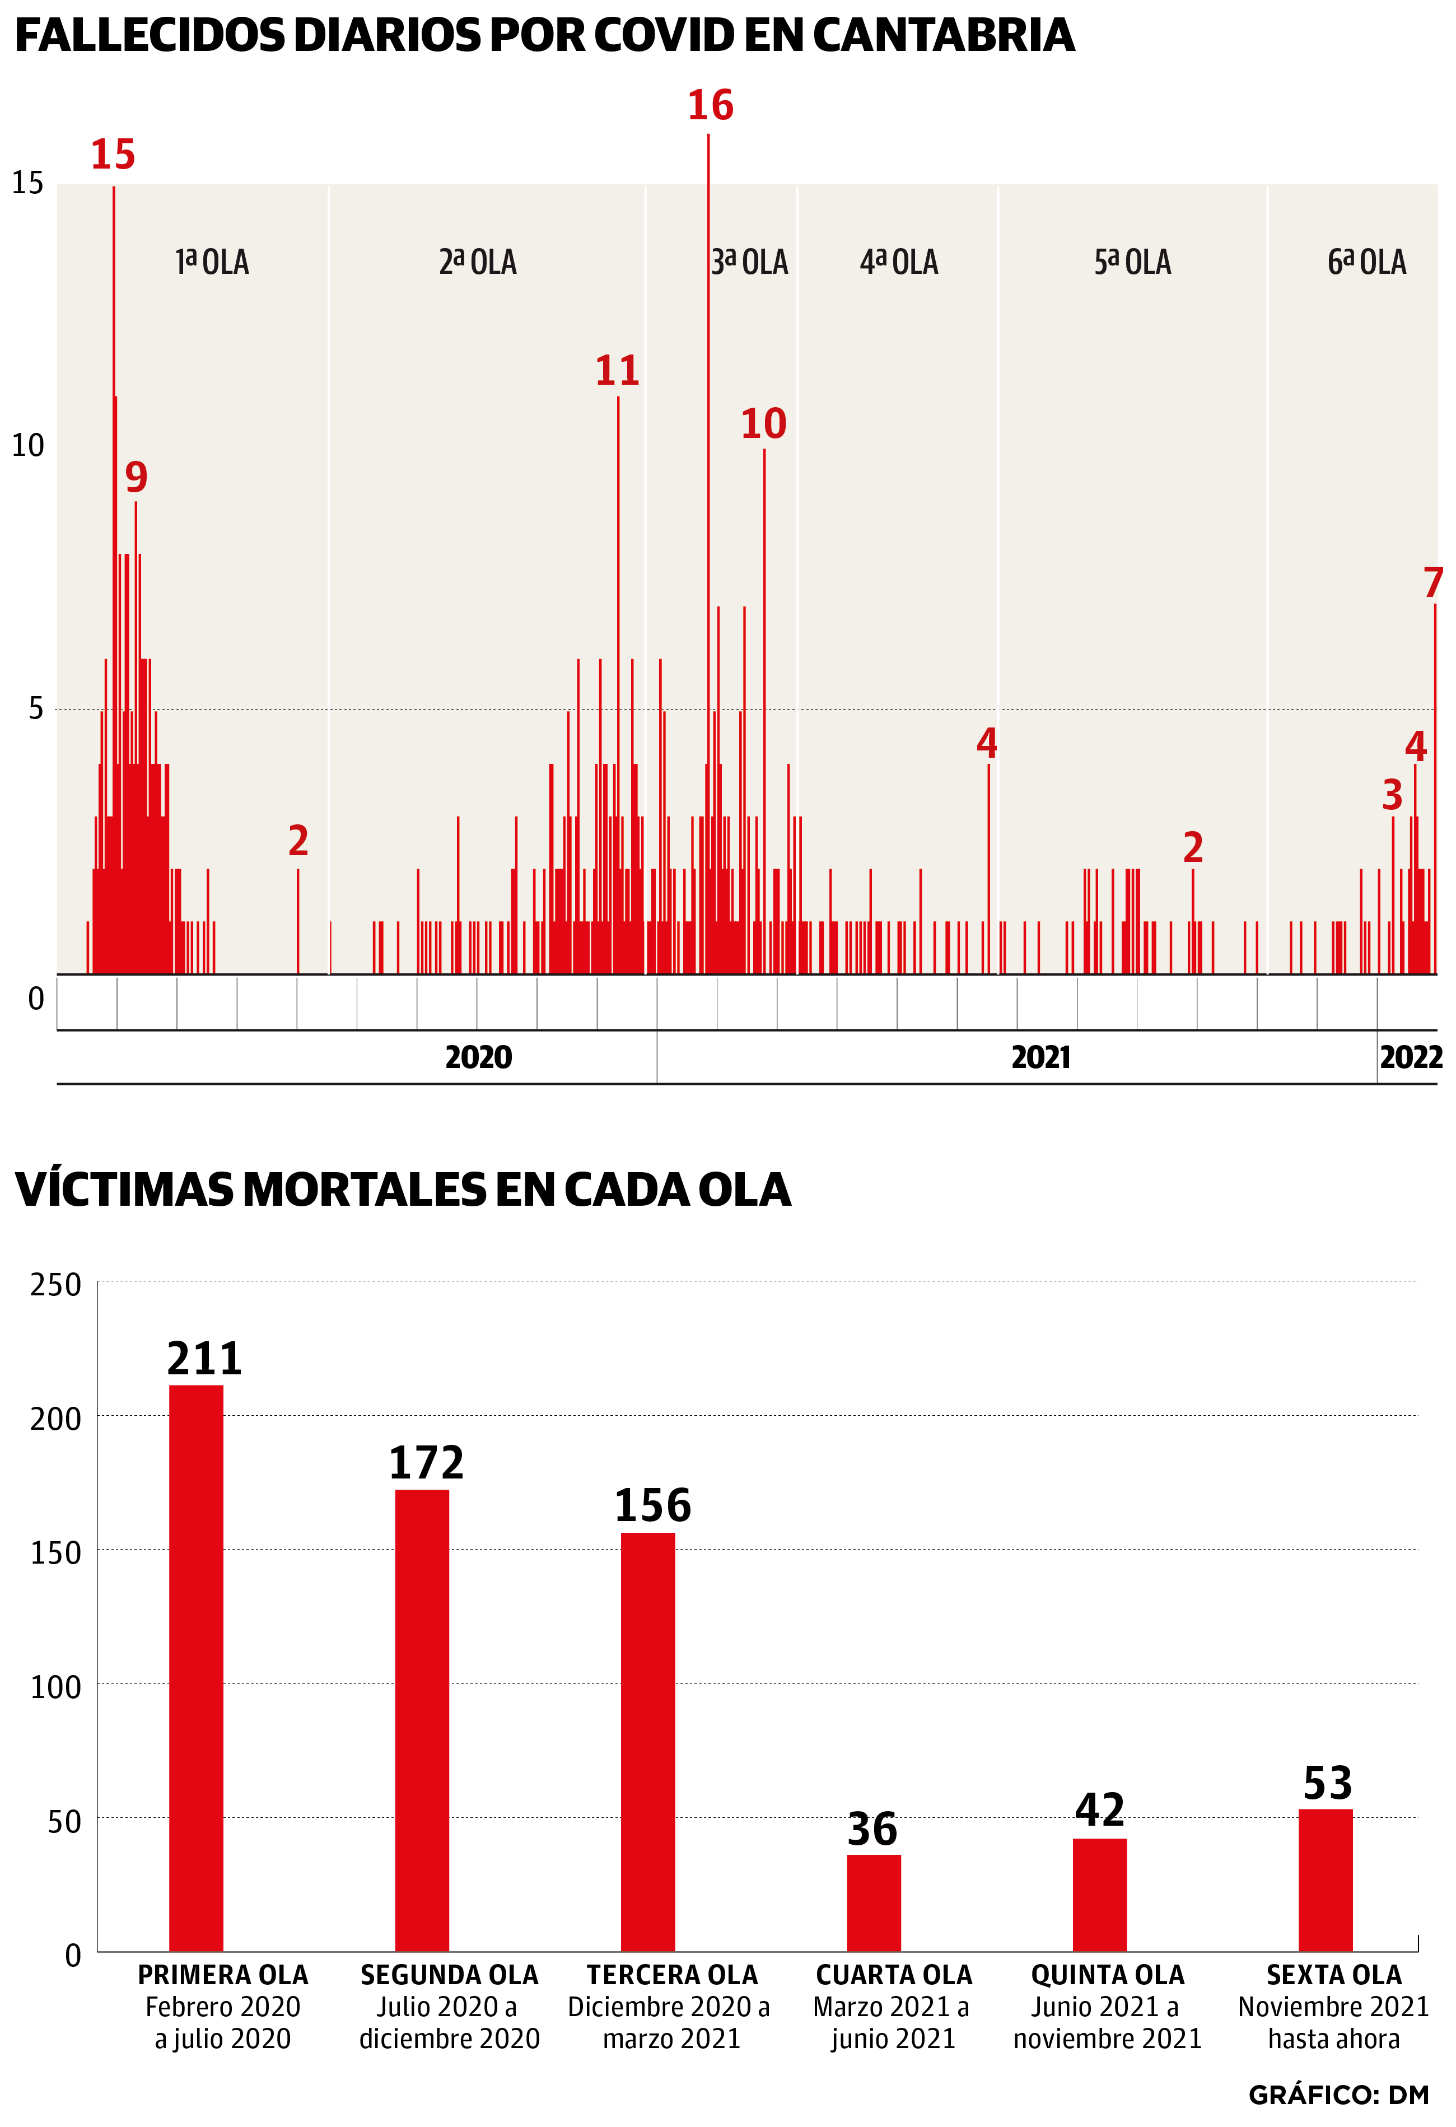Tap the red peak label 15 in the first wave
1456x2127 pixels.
113,155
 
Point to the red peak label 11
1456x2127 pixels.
617,371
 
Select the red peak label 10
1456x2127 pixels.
763,424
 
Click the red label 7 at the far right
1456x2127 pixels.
1433,583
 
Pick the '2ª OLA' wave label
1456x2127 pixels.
478,263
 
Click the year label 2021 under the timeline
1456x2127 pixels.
1040,1058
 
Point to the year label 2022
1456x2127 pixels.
1410,1058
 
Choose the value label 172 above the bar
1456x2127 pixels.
427,1463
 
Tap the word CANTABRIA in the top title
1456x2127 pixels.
942,36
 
